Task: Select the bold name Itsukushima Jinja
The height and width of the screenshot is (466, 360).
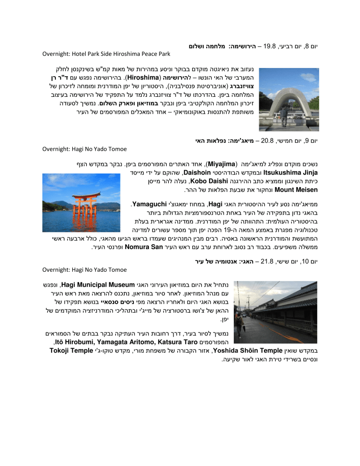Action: (x=290, y=172)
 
